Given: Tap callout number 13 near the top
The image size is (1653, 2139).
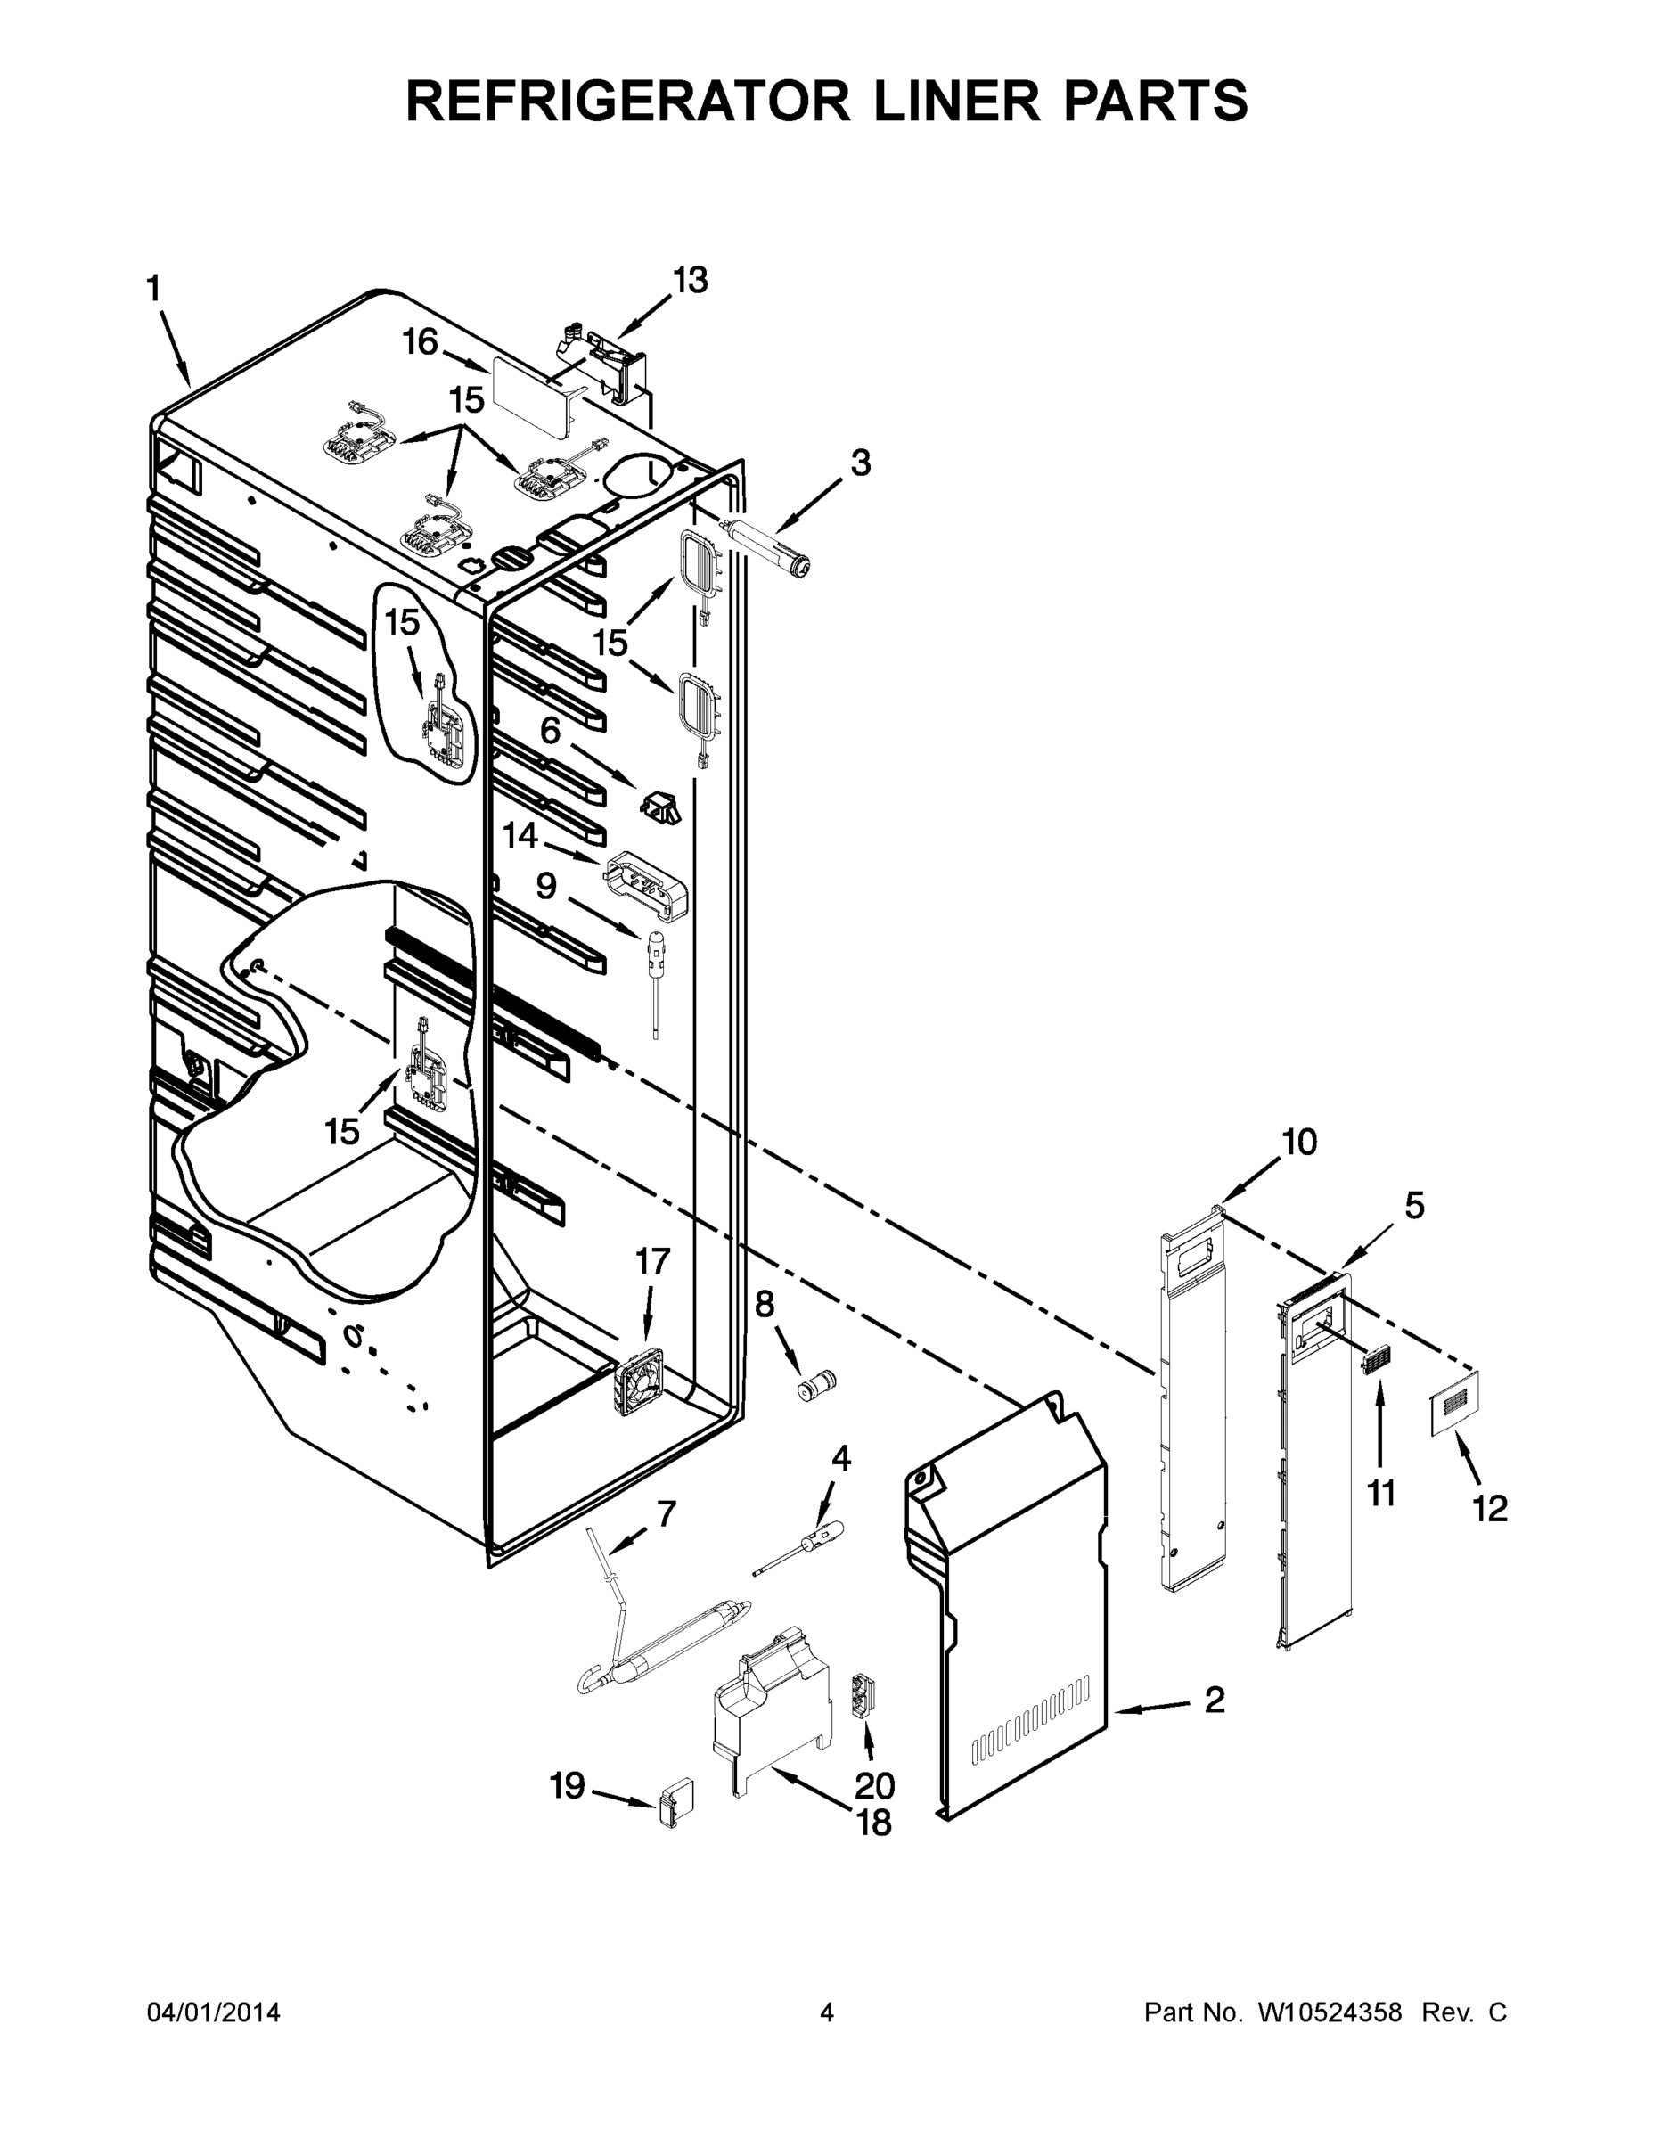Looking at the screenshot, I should coord(690,280).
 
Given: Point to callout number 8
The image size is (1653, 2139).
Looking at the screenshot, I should coord(764,1304).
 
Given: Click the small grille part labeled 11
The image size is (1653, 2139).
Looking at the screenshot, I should coord(1377,1361).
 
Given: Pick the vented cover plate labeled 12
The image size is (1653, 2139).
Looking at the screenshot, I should coord(1453,1404).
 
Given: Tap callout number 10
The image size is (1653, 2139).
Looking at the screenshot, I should coord(1299,1142).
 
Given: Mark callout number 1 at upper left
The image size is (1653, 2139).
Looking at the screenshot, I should coord(154,289).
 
